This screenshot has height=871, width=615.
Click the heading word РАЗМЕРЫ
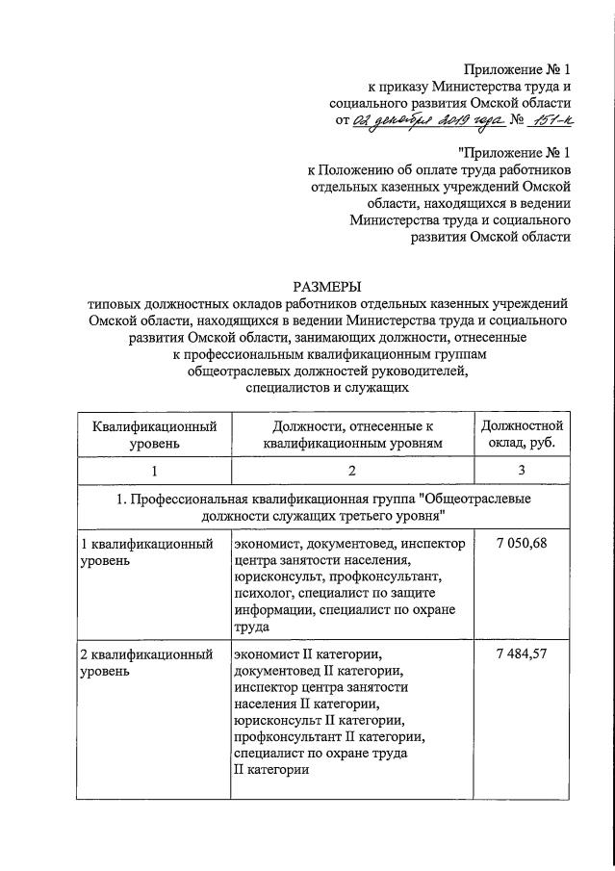pyautogui.click(x=326, y=285)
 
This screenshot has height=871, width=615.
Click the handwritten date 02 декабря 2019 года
pyautogui.click(x=421, y=119)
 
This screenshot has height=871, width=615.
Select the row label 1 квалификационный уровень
pyautogui.click(x=145, y=552)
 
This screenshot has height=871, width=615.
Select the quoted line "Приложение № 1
pyautogui.click(x=515, y=152)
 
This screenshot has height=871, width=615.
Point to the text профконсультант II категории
pyautogui.click(x=328, y=737)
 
